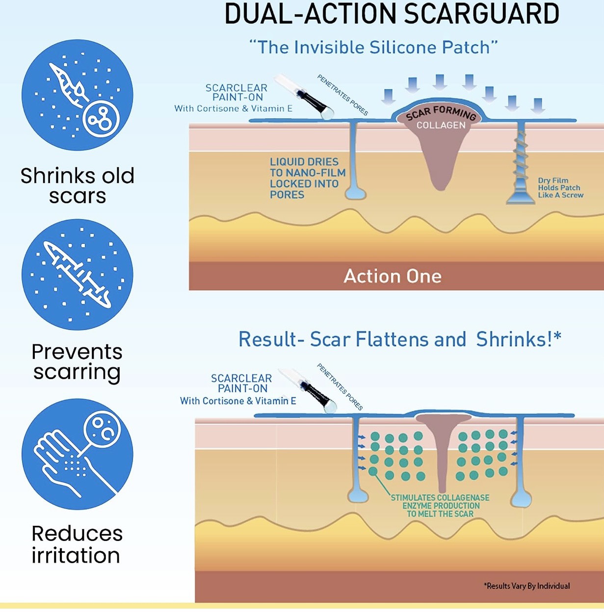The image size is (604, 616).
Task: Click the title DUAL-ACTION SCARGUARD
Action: [x=392, y=14]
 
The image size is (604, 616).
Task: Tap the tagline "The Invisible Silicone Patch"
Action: [x=373, y=48]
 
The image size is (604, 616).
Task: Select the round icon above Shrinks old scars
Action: [x=78, y=95]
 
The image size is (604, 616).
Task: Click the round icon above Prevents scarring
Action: [x=78, y=274]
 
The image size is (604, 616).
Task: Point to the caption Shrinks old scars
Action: [x=78, y=186]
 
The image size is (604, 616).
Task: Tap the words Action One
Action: [x=393, y=276]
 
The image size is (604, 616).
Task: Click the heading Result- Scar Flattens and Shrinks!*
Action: [x=399, y=339]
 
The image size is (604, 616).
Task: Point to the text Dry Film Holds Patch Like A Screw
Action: [x=560, y=188]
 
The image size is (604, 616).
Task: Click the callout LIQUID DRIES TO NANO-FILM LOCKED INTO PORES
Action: [x=307, y=178]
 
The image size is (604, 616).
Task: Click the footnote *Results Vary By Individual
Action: [x=527, y=586]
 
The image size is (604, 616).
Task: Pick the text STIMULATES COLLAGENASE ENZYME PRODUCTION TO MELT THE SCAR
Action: [x=440, y=506]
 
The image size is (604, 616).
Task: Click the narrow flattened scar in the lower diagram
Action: [x=442, y=451]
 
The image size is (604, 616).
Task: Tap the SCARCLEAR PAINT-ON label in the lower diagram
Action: [x=241, y=383]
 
